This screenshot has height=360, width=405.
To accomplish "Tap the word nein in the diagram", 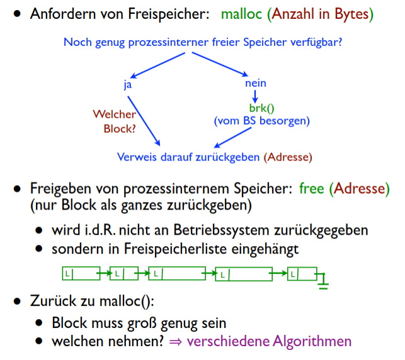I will [x=255, y=83].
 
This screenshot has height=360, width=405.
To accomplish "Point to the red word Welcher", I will [x=114, y=115].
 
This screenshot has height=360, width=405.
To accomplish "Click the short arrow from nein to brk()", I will [x=255, y=96].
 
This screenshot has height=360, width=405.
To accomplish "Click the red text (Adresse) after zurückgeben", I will [x=288, y=157].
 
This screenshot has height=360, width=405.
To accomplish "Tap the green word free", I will [x=311, y=188].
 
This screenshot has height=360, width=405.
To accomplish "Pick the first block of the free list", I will [x=81, y=274].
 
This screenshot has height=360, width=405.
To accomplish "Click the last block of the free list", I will [x=301, y=274].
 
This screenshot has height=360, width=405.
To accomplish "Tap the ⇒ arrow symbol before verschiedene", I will [x=177, y=342].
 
